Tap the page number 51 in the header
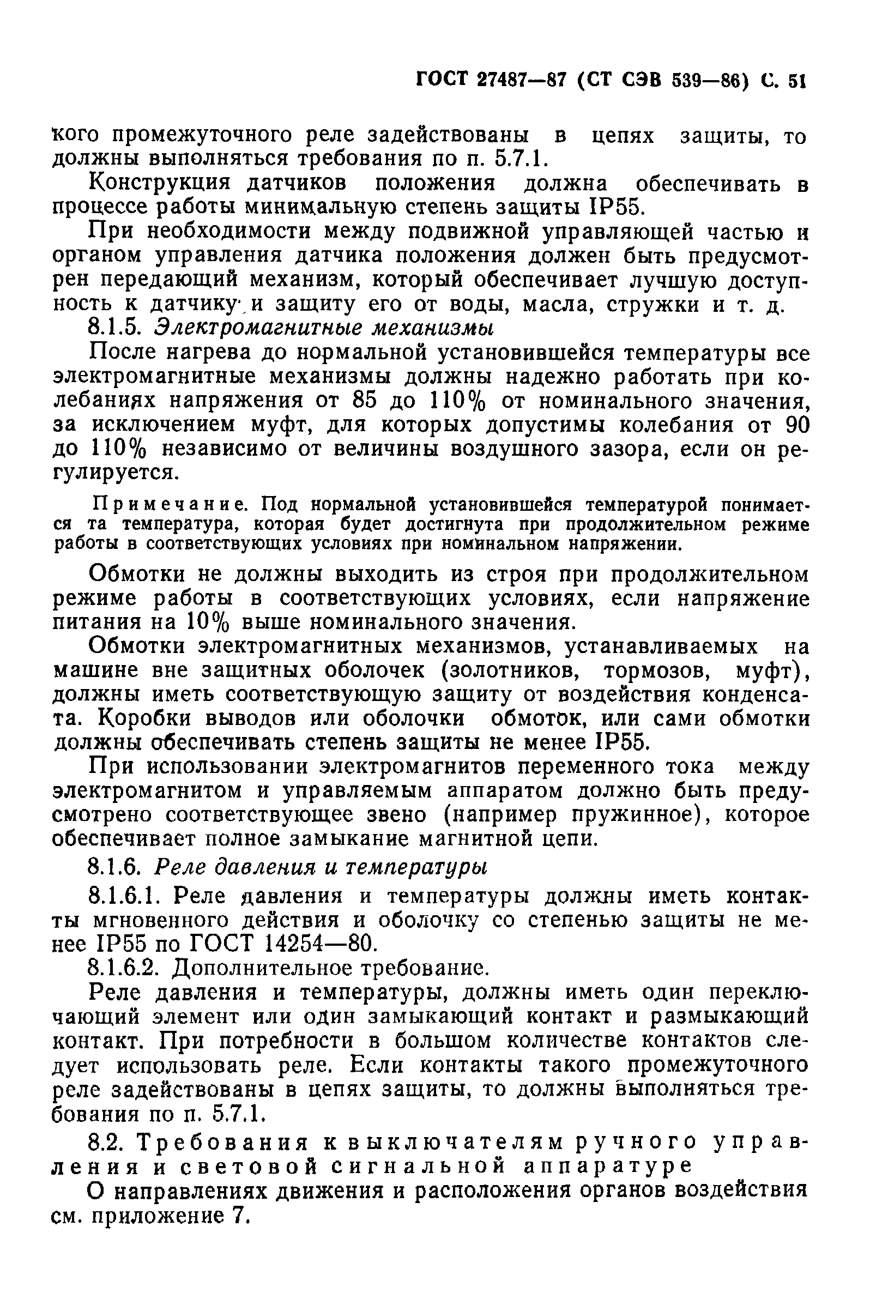click(796, 82)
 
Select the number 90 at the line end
click(796, 425)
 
